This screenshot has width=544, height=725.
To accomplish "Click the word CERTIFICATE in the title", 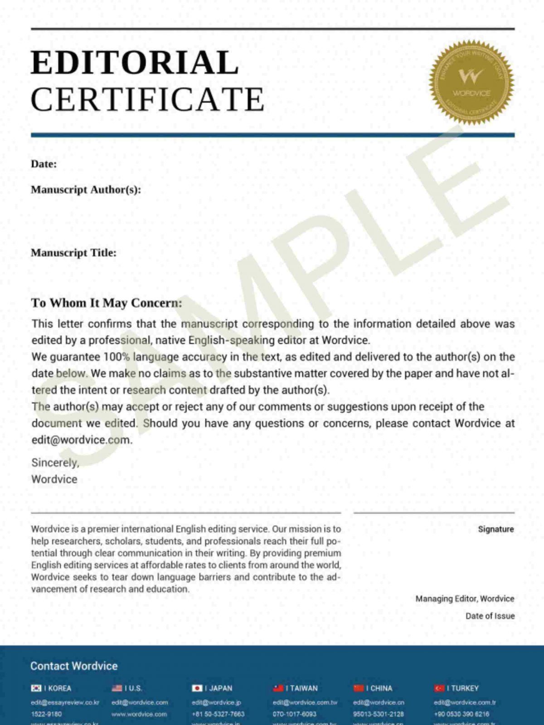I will tap(147, 99).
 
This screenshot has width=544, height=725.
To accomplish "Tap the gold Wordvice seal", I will tap(471, 82).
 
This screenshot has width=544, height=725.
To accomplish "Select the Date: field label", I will tap(44, 164).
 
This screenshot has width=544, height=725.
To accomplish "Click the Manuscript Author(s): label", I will tap(86, 189).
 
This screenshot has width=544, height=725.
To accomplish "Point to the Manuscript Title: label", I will tap(73, 253).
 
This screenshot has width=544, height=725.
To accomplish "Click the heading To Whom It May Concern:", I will tap(107, 303).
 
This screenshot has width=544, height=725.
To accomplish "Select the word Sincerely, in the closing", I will tap(55, 463).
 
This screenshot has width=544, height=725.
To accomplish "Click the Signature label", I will tap(495, 529).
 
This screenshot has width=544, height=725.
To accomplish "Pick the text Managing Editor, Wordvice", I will tap(465, 599).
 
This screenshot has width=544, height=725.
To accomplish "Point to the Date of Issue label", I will tap(490, 616).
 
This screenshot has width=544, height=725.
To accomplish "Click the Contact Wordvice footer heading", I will tap(74, 666).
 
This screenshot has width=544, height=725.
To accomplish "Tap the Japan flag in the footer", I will tap(197, 688).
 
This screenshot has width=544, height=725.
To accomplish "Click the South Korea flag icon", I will tap(36, 688).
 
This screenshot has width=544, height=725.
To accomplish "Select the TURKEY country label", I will tap(465, 688).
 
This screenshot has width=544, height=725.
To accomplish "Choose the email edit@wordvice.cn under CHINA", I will tap(379, 702).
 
